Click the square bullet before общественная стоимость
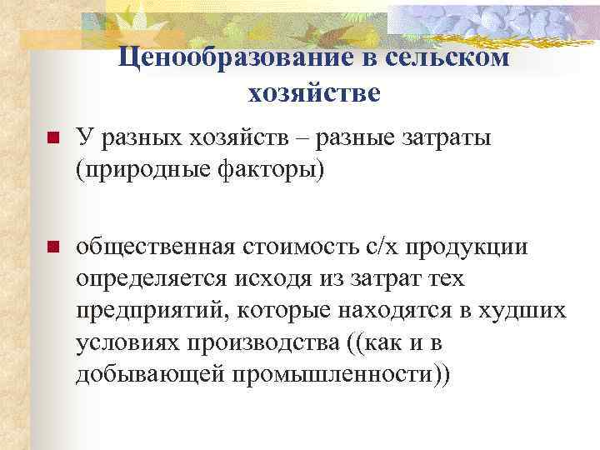pos(52,247)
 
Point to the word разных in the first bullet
pos(136,137)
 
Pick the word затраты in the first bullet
pos(450,137)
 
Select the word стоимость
pos(305,247)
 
